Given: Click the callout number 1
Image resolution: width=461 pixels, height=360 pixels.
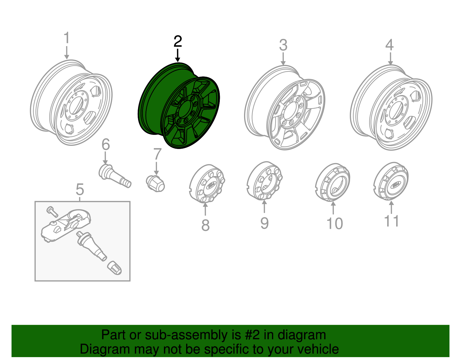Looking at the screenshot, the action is pos(67,38).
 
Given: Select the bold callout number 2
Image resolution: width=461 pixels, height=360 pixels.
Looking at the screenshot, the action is pos(178,42).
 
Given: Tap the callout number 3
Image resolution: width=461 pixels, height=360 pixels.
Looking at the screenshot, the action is pos(283,45).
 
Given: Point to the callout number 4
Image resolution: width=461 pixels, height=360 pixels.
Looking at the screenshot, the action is pos(390,45).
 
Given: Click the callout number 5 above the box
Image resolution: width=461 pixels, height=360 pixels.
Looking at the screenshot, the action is pos(80,190).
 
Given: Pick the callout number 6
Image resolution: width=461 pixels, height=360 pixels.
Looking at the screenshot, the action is pos(106,144).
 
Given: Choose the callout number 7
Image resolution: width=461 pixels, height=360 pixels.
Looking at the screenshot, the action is pos(157,154).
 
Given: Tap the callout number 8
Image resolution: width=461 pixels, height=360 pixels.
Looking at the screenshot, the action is pos(205,225).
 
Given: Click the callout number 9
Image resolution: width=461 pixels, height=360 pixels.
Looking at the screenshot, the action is pos(264,223).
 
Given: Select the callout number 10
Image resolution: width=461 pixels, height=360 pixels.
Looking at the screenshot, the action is pos(335,224).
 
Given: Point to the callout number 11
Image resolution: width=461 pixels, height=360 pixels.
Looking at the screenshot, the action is pos(392,221).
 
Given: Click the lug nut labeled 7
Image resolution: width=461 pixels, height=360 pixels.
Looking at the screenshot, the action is pos(155,183).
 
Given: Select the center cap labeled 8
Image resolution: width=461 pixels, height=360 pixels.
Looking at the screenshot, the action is pos(207,184).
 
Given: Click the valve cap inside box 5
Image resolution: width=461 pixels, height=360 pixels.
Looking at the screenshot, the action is pos(114,268).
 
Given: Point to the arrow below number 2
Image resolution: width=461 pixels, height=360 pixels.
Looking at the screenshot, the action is pos(178,55).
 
